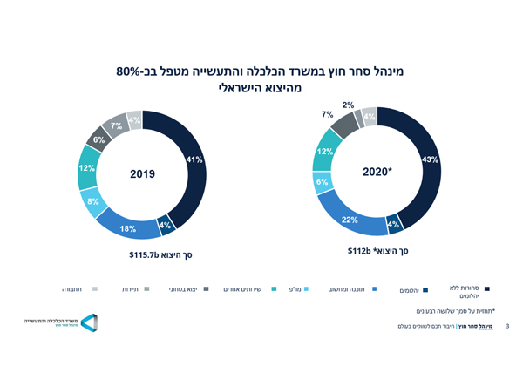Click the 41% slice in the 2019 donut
click(x=194, y=159)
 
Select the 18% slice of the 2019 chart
click(x=128, y=228)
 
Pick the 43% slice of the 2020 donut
click(x=429, y=159)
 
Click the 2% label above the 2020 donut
click(x=348, y=105)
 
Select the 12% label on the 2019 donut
click(x=86, y=168)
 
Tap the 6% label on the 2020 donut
click(x=323, y=182)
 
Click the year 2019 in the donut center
click(x=142, y=174)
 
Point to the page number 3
click(x=507, y=327)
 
